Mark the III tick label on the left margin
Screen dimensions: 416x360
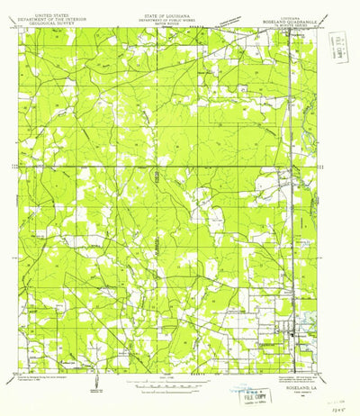(x=11, y=167)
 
